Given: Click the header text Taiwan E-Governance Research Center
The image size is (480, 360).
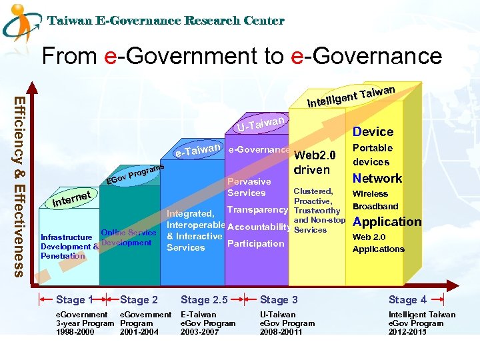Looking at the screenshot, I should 166,21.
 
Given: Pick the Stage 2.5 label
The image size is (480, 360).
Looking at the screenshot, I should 204,300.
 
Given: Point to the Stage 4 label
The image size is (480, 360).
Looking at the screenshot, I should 407,300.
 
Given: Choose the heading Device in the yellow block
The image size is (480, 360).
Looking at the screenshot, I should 373,132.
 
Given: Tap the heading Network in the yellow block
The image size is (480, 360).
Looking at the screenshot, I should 377,178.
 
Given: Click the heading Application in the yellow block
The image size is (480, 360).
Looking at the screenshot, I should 387,222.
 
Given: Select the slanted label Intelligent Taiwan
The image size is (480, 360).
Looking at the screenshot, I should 352,97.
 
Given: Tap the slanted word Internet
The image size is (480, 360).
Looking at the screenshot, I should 71,197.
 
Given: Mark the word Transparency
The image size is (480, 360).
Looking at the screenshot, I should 257,210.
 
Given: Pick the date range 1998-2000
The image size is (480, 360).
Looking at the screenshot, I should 75,332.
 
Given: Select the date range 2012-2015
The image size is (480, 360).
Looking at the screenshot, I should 407,332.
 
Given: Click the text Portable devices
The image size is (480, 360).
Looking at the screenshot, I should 372,155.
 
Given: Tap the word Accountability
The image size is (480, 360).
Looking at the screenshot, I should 259,227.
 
